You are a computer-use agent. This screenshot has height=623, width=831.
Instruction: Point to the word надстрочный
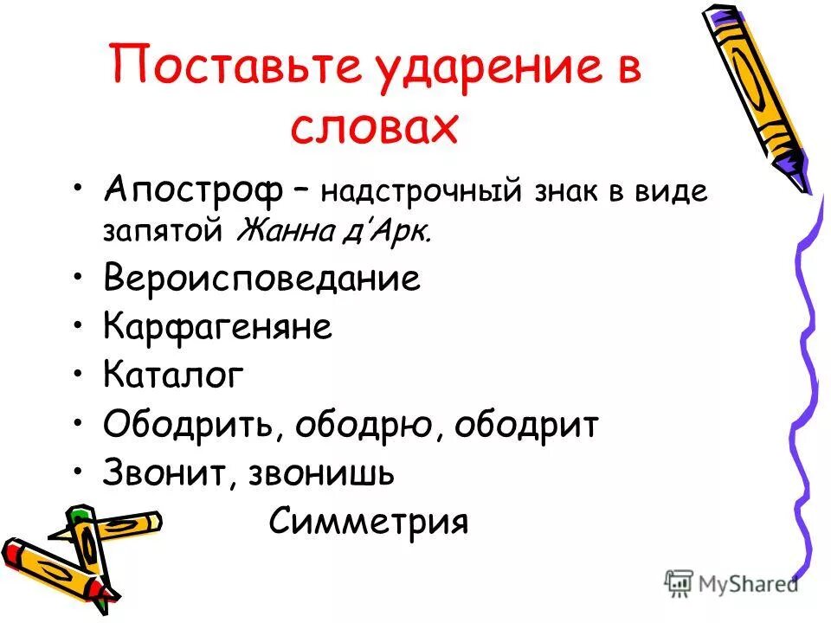coord(421,192)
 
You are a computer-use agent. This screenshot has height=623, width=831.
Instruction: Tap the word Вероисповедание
coord(261,279)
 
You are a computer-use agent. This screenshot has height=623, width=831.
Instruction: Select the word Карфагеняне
coord(217,328)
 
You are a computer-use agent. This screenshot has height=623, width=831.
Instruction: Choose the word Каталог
coord(173,376)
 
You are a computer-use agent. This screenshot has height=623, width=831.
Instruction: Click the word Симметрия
coord(369,522)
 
